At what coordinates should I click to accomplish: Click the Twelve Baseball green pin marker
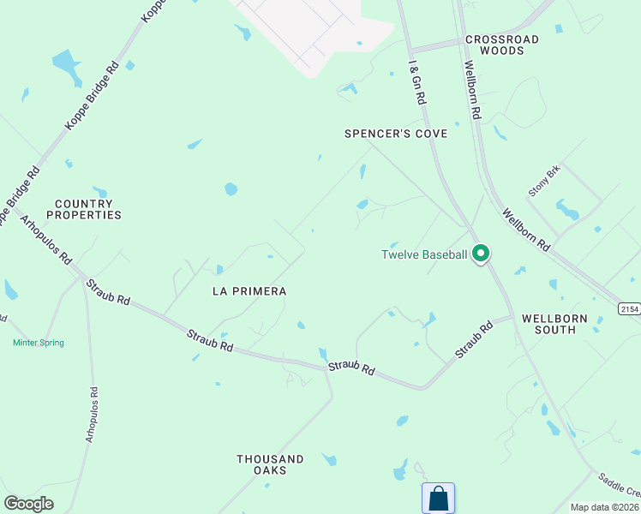(482, 253)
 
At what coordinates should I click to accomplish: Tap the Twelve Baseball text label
(424, 254)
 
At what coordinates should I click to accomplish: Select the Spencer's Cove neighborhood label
(396, 134)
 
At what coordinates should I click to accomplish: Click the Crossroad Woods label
(502, 45)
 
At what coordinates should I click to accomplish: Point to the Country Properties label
(83, 209)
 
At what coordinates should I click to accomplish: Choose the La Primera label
(249, 291)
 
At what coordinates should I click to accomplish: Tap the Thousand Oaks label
(270, 464)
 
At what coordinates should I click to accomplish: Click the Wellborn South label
(554, 323)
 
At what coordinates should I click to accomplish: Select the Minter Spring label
(39, 343)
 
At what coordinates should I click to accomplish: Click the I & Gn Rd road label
(417, 82)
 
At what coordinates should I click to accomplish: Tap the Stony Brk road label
(543, 181)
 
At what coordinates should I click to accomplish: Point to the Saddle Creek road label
(620, 486)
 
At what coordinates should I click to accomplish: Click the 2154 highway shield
(629, 308)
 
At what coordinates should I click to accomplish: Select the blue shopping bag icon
(438, 498)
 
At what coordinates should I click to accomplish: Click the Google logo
(28, 503)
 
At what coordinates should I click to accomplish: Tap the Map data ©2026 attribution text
(604, 507)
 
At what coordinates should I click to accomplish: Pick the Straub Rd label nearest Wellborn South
(474, 340)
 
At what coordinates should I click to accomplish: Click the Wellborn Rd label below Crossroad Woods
(472, 89)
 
